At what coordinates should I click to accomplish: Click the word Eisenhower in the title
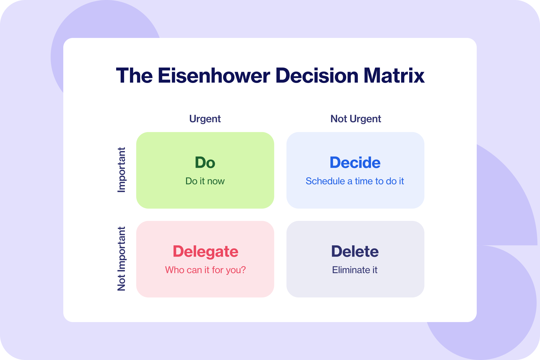coord(214,76)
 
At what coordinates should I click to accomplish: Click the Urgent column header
coord(205,119)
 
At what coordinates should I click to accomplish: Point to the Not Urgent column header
coord(355,119)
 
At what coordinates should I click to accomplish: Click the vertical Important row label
coord(121,170)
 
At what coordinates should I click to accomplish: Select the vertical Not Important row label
coord(121,259)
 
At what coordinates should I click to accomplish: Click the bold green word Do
coord(205,162)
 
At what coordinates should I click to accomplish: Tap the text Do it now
coord(205,181)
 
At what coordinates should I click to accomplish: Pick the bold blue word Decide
coord(355,162)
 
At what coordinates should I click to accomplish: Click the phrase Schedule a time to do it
coord(355,181)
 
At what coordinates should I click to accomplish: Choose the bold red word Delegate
coord(205,251)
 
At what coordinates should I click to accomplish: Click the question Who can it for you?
coord(205,270)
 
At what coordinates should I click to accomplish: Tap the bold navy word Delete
coord(355,251)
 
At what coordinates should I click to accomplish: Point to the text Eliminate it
coord(355,270)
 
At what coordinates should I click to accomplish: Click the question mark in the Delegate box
coord(243,270)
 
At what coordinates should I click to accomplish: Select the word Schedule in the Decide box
coord(325,181)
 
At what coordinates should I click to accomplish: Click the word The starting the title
coord(134,76)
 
